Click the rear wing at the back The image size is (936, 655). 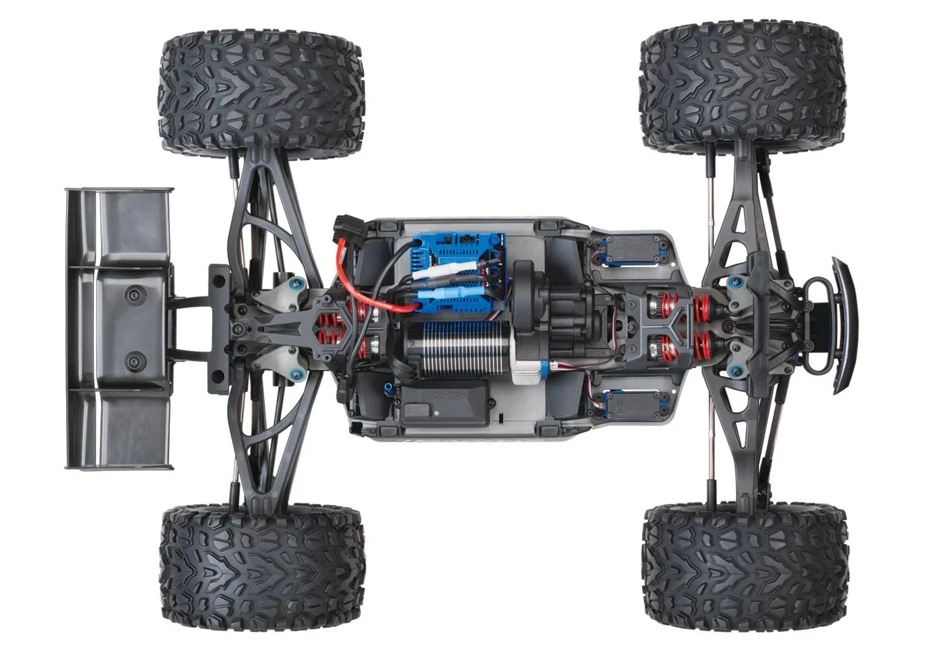pos(119,327)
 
